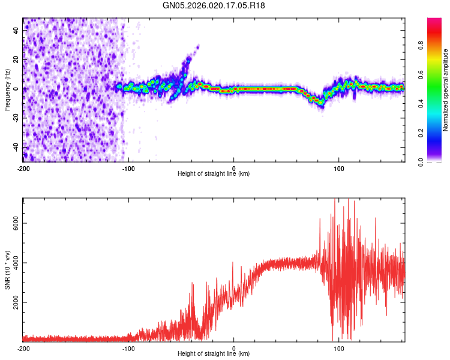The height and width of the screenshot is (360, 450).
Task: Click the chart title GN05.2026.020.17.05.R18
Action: (x=214, y=5)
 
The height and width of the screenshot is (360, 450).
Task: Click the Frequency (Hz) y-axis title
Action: (x=7, y=90)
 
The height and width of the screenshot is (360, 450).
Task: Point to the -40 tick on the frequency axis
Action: (x=16, y=147)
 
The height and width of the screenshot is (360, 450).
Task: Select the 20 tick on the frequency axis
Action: (x=17, y=59)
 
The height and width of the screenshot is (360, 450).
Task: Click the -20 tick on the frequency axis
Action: (x=16, y=118)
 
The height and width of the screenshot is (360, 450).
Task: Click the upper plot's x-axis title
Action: (x=214, y=173)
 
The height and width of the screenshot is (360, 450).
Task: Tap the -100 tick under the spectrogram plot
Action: (x=128, y=167)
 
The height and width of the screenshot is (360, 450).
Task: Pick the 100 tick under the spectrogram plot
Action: (x=339, y=167)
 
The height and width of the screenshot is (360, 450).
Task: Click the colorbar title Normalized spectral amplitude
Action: (x=446, y=90)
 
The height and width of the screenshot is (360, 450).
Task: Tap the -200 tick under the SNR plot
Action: (x=23, y=348)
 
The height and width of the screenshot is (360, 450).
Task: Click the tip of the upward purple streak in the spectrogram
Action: (x=198, y=46)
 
